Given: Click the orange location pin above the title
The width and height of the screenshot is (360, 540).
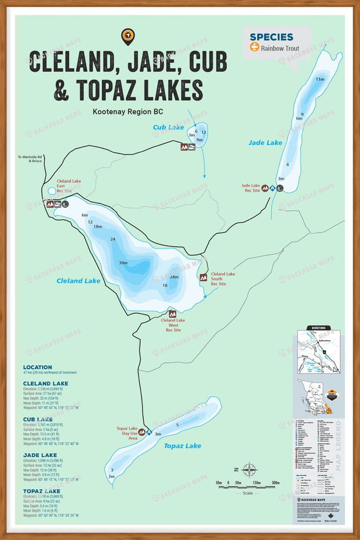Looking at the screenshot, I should (x=128, y=37).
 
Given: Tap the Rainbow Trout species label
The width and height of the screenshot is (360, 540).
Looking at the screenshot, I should (x=280, y=48).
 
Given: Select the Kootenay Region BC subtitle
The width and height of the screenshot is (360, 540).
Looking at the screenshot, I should (x=128, y=111).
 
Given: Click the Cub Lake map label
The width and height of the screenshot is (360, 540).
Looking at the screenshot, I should (x=168, y=128).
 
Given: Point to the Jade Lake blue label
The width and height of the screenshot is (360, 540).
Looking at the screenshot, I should (x=265, y=143).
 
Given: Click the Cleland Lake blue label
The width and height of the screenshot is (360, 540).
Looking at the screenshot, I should (x=78, y=281).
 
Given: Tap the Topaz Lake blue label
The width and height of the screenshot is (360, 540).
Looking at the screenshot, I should (x=182, y=446).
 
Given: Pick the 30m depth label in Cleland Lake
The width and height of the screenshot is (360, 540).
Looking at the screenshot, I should (x=123, y=263).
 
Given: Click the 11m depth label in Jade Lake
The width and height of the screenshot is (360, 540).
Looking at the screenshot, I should (x=320, y=79).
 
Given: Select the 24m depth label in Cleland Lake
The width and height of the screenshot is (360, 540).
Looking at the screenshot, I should (x=174, y=277).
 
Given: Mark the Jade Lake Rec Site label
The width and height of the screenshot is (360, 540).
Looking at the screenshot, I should (x=251, y=188).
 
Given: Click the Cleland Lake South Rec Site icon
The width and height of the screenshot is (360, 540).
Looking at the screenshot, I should (x=203, y=277).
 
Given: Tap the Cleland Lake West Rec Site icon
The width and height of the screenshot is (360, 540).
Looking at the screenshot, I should (x=172, y=314).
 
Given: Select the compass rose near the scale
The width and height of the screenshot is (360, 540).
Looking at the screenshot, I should (x=249, y=469).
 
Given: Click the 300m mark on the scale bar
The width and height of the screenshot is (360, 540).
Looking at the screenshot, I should (x=275, y=483).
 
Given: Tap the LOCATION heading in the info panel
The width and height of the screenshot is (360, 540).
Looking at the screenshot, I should (x=38, y=367).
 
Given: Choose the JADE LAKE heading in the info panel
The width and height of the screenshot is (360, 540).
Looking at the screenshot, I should (x=41, y=454).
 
